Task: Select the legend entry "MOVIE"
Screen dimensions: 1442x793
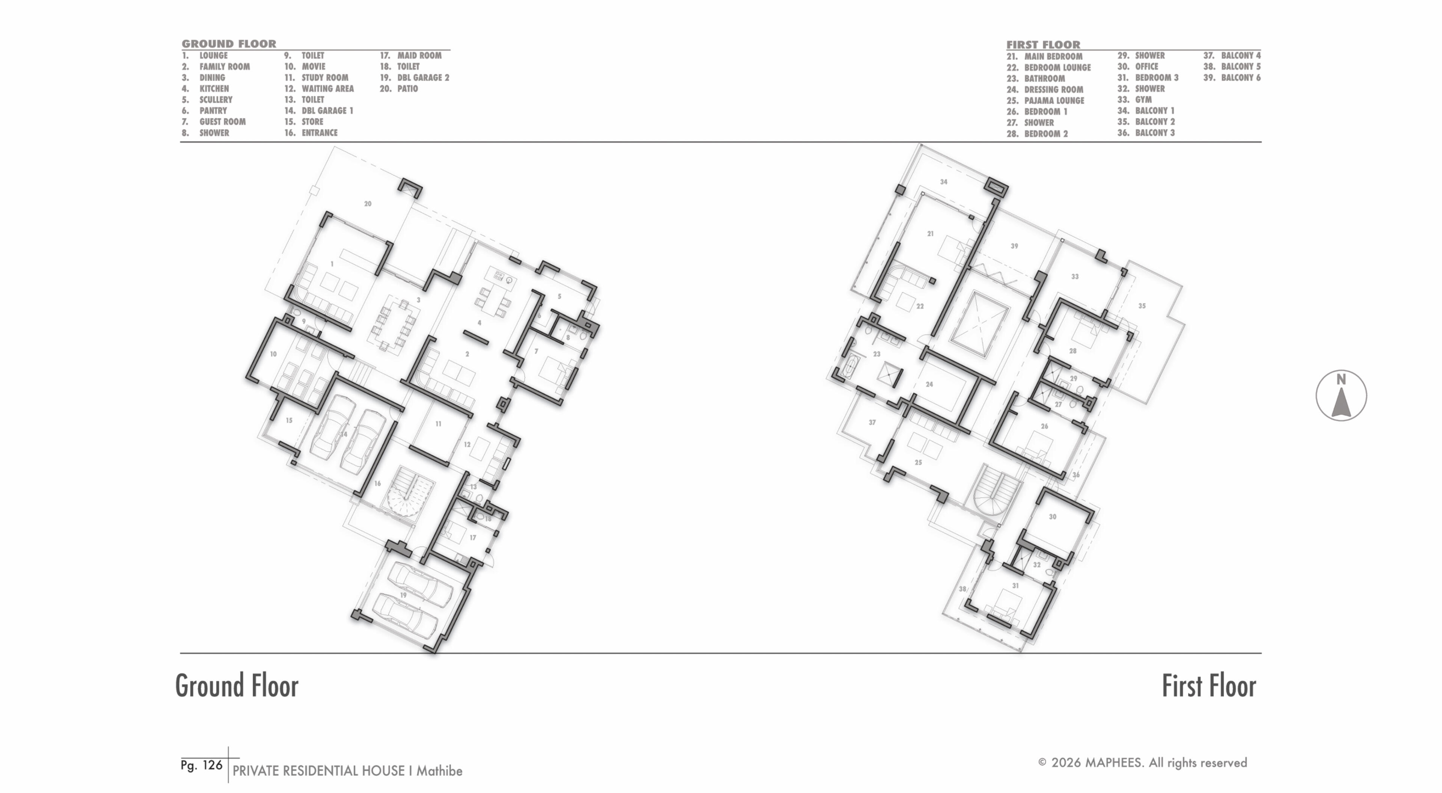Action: [314, 66]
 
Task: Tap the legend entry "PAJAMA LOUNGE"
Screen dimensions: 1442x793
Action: [1054, 101]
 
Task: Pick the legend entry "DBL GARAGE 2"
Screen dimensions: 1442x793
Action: [423, 78]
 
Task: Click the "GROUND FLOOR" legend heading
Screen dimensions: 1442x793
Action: [229, 44]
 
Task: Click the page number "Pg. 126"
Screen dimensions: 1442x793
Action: [202, 765]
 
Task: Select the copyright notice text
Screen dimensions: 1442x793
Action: [1142, 763]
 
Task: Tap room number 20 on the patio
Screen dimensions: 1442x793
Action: [368, 204]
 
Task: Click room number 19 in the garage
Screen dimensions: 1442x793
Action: [403, 595]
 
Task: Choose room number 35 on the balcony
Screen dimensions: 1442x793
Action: [1142, 306]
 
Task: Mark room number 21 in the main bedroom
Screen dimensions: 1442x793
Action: [931, 234]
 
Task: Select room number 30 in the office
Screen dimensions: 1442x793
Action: [1052, 517]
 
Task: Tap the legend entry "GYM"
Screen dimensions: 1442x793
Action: [1143, 100]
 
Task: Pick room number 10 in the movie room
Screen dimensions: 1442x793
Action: [273, 354]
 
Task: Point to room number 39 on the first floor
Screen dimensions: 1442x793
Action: [1014, 246]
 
